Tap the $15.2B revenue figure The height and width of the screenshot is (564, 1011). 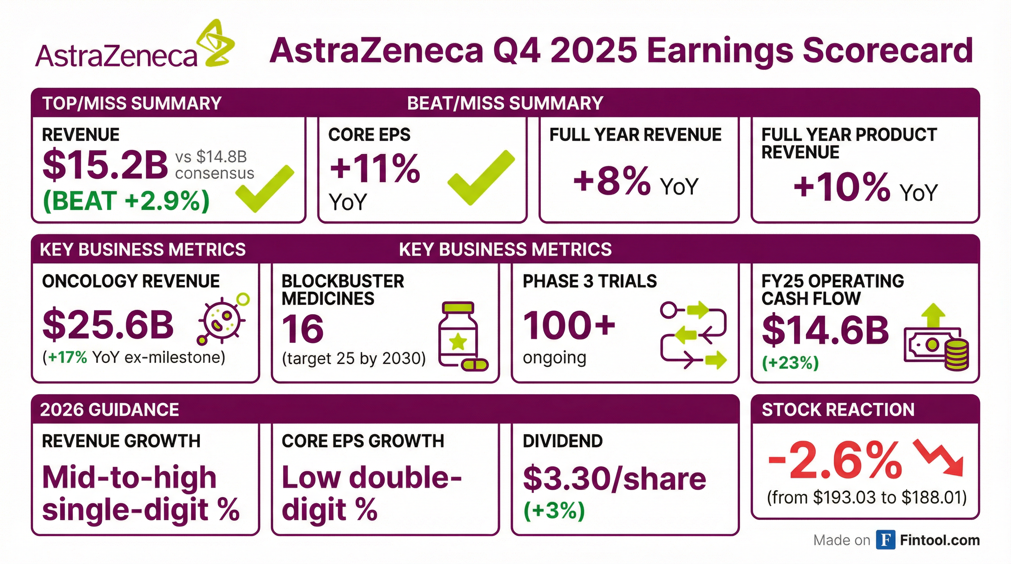click(x=105, y=165)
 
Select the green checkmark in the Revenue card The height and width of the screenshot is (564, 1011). click(x=265, y=189)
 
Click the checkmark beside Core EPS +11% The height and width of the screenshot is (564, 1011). click(x=481, y=177)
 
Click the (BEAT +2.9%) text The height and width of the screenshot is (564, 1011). click(x=126, y=201)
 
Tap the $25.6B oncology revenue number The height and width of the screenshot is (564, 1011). click(x=108, y=325)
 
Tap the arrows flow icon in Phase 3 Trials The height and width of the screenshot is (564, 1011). click(x=693, y=335)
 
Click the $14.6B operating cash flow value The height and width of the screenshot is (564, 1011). click(x=825, y=330)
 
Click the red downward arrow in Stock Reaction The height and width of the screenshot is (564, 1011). click(x=938, y=458)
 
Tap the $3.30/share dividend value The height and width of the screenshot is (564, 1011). click(x=615, y=478)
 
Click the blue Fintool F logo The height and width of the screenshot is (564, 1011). click(x=886, y=540)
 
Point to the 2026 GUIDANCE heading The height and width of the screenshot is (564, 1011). click(x=109, y=410)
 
